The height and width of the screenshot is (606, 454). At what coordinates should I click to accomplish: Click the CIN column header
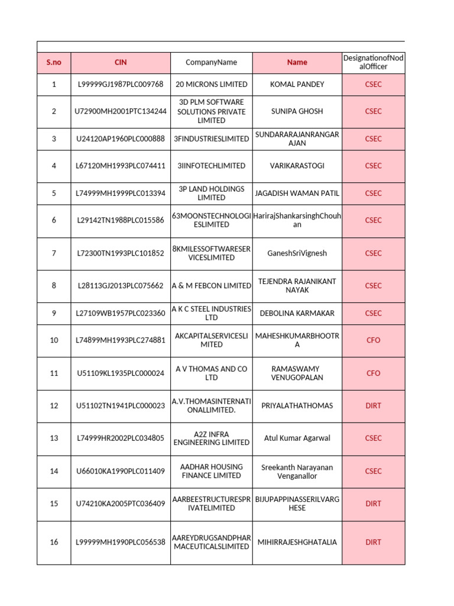pyautogui.click(x=121, y=62)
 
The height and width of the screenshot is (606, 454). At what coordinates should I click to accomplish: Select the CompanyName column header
pyautogui.click(x=211, y=62)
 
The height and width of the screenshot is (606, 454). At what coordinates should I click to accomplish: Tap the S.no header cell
pyautogui.click(x=54, y=62)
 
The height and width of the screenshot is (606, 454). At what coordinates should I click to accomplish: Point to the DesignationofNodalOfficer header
pyautogui.click(x=373, y=62)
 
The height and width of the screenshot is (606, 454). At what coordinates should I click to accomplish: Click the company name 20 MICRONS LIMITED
pyautogui.click(x=211, y=84)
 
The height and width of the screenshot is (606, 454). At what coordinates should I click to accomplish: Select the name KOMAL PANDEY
pyautogui.click(x=297, y=84)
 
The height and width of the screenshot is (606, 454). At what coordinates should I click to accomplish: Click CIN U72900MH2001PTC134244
pyautogui.click(x=121, y=111)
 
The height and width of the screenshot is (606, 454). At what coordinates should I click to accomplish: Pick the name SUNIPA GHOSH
pyautogui.click(x=297, y=111)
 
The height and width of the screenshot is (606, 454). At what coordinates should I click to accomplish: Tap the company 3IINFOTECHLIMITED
pyautogui.click(x=211, y=166)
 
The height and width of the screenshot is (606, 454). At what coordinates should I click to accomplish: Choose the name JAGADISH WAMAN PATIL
pyautogui.click(x=297, y=193)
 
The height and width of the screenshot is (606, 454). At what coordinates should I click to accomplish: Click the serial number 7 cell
pyautogui.click(x=54, y=253)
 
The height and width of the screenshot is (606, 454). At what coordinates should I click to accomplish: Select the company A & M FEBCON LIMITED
pyautogui.click(x=211, y=286)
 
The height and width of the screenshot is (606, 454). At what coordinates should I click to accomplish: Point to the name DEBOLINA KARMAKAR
pyautogui.click(x=297, y=313)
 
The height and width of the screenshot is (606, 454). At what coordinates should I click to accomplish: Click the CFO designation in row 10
pyautogui.click(x=373, y=340)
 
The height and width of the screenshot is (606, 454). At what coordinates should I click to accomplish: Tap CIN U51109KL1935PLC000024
pyautogui.click(x=121, y=373)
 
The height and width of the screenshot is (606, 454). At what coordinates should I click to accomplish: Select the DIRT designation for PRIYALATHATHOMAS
pyautogui.click(x=373, y=406)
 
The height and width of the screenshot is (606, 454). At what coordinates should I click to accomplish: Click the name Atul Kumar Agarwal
pyautogui.click(x=297, y=439)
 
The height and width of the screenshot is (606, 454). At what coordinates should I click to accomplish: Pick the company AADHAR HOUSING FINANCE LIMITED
pyautogui.click(x=211, y=471)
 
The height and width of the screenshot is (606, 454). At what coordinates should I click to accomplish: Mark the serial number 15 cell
pyautogui.click(x=54, y=504)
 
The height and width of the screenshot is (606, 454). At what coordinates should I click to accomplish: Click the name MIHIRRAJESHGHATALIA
pyautogui.click(x=297, y=542)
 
